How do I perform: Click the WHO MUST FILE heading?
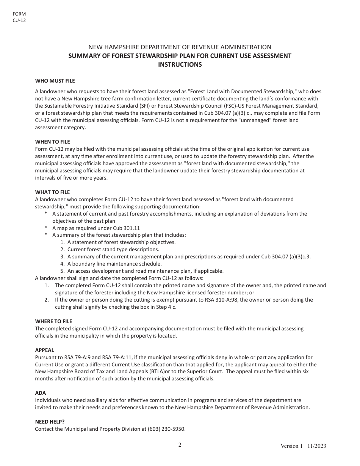click(55, 81)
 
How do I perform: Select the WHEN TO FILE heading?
click(52, 142)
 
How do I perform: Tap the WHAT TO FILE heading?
click(52, 192)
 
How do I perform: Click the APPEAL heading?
click(44, 350)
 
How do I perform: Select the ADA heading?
click(40, 393)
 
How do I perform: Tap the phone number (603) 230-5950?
click(169, 429)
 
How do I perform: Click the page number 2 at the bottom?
click(180, 445)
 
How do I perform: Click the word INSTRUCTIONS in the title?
click(180, 64)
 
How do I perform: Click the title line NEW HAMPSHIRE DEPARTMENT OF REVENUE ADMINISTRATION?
click(180, 47)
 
